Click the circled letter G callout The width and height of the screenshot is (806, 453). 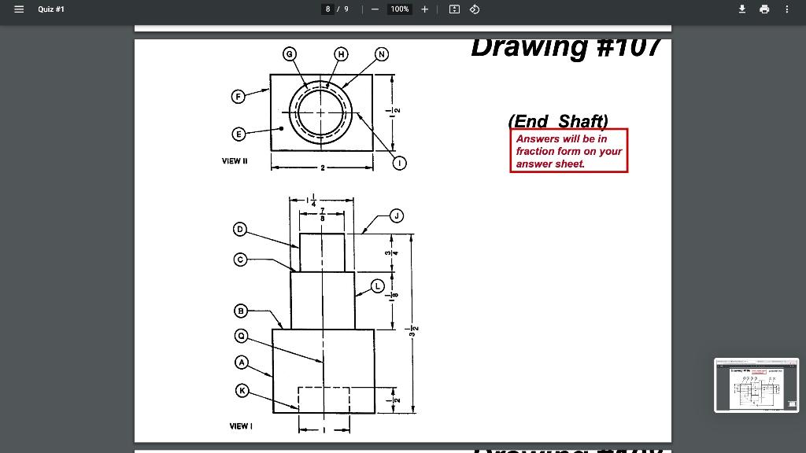click(x=290, y=53)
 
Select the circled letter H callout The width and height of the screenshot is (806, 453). click(x=341, y=53)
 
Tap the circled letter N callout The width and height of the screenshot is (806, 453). click(x=382, y=53)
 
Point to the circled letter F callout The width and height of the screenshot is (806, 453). click(x=237, y=97)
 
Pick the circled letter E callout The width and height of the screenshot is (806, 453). click(x=237, y=134)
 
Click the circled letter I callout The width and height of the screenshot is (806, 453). click(x=401, y=164)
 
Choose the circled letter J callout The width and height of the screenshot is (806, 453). click(x=397, y=215)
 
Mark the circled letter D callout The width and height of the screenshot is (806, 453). click(x=240, y=229)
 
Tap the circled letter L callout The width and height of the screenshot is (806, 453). click(x=378, y=285)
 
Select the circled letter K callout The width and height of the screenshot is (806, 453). click(x=242, y=391)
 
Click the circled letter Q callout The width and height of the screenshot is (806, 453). click(x=242, y=336)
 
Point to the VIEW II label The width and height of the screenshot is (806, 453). click(x=235, y=161)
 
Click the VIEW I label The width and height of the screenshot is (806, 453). click(x=241, y=426)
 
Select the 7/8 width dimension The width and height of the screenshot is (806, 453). click(x=322, y=213)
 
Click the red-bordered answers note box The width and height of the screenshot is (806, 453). click(x=569, y=150)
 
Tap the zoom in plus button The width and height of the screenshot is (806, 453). click(x=424, y=9)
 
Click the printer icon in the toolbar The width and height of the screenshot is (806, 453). click(x=763, y=9)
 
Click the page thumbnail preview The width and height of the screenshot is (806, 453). click(x=755, y=385)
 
